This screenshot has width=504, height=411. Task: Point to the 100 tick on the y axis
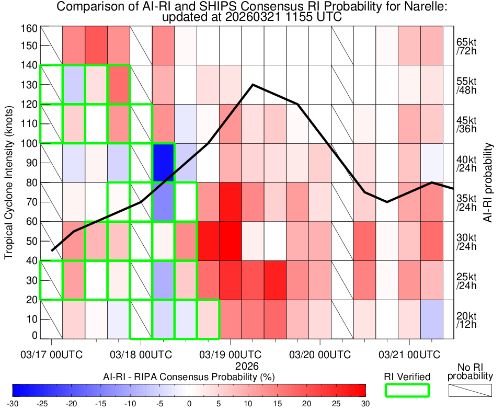[x=29, y=143]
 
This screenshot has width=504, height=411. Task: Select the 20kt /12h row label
[x=465, y=319]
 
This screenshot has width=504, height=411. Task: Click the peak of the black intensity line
[x=253, y=84]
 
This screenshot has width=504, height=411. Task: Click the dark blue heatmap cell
[x=163, y=163]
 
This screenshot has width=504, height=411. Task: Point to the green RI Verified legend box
[x=407, y=390]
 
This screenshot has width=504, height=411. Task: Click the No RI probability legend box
[x=471, y=390]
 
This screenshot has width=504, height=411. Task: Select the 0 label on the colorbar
[x=189, y=404]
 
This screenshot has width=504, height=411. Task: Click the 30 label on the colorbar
[x=365, y=404]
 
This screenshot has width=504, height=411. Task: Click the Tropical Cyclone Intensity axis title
[x=9, y=180]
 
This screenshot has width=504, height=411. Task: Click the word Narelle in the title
[x=423, y=7]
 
